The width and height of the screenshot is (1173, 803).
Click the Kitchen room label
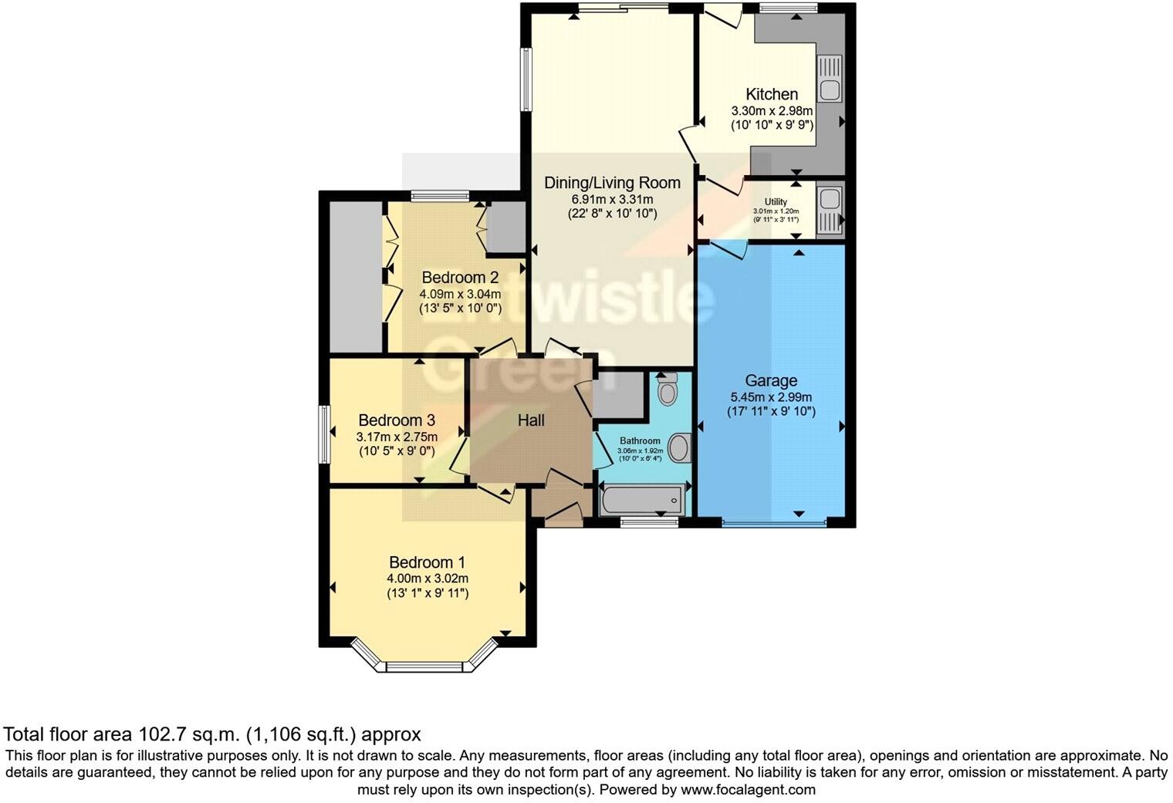tap(771, 94)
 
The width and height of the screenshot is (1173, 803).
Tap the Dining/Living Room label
tap(612, 183)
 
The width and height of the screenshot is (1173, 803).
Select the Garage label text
tap(771, 380)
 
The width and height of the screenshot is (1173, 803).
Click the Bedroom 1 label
tap(427, 562)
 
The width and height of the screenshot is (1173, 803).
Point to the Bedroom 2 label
tap(460, 278)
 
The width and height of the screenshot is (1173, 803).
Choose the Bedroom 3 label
tap(397, 420)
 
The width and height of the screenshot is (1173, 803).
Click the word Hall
tap(531, 420)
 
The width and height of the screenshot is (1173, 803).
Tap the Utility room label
tap(776, 202)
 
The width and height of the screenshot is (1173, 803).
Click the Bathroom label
tap(640, 441)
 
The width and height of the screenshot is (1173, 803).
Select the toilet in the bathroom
tap(666, 390)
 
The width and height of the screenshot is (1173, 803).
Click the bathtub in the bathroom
tap(642, 500)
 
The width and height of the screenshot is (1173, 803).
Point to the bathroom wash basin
tap(679, 448)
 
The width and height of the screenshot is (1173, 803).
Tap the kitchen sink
tap(830, 79)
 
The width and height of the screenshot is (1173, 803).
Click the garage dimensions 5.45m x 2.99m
tap(771, 397)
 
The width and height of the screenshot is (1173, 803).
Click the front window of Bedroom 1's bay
tap(427, 666)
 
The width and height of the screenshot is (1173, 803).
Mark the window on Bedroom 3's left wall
tap(326, 434)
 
